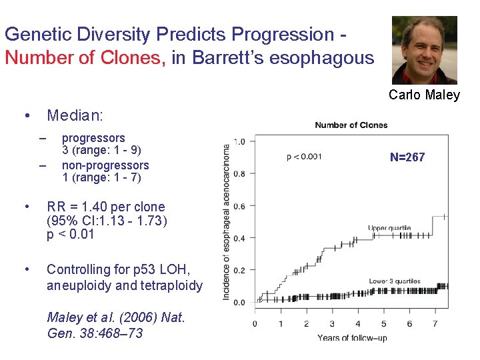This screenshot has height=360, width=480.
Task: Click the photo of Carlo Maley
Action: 424,50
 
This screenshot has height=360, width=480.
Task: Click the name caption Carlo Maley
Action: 424,95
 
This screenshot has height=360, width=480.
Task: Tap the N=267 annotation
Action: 407,158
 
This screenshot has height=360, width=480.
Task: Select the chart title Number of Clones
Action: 351,125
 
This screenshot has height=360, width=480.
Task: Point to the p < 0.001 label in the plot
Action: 304,157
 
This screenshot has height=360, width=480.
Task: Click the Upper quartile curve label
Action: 389,228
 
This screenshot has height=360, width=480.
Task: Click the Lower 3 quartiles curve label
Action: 395,281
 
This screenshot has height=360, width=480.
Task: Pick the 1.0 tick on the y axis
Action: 239,141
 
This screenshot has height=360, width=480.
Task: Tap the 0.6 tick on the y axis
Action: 239,206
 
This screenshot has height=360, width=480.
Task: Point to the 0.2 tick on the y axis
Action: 239,271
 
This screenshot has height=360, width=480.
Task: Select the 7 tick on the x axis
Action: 435,324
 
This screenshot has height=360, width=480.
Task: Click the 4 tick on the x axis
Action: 358,324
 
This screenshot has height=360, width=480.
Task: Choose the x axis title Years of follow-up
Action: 351,338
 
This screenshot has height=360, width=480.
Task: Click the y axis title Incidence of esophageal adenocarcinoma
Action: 227,222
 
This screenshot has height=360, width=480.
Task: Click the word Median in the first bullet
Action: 74,116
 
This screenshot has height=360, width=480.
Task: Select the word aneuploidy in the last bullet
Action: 75,286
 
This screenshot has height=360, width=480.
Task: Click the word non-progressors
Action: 105,165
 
